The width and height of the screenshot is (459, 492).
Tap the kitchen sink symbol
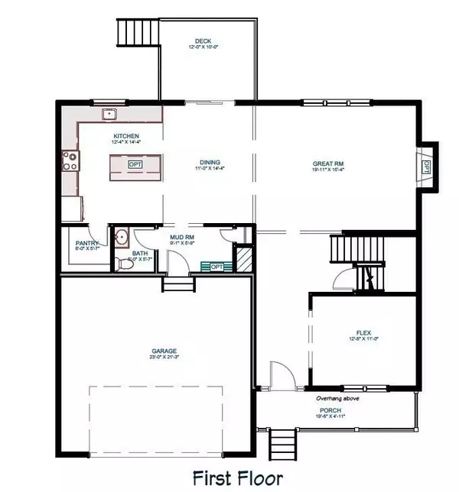pyautogui.click(x=110, y=115)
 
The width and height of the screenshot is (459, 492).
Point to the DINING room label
pyautogui.click(x=210, y=163)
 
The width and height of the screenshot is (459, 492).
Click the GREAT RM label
pyautogui.click(x=327, y=163)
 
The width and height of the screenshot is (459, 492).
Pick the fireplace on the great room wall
pyautogui.click(x=426, y=167)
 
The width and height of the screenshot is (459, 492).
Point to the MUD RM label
pyautogui.click(x=181, y=238)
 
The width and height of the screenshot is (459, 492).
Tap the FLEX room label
pyautogui.click(x=363, y=333)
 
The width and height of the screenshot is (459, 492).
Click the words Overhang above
pyautogui.click(x=338, y=398)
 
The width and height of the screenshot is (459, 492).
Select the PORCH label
pyautogui.click(x=330, y=410)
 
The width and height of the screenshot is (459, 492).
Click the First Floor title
pyautogui.click(x=238, y=478)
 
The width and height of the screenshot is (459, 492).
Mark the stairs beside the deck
pyautogui.click(x=135, y=34)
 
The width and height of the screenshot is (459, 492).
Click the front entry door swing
pyautogui.click(x=280, y=375)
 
